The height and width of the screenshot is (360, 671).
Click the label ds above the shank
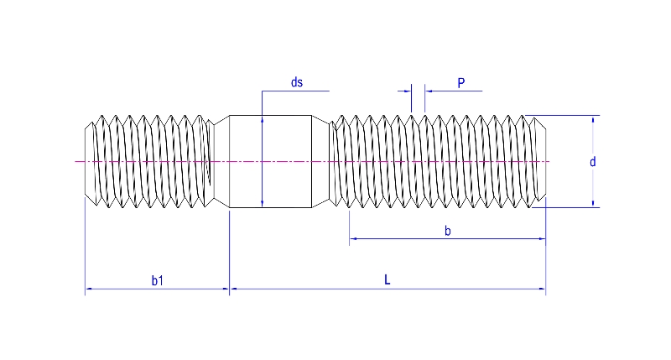[296, 82]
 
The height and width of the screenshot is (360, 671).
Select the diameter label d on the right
[592, 162]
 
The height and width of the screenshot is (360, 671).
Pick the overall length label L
[388, 280]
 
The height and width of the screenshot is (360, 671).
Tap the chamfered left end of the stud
[89, 161]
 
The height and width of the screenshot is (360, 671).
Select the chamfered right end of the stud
[540, 161]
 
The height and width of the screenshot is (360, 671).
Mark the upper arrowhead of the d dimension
[593, 120]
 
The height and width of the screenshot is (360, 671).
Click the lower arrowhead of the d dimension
[593, 202]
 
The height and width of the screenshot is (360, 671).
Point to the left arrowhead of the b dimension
[353, 239]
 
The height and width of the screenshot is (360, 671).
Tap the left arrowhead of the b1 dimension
[89, 290]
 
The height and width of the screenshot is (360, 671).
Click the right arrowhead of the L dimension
[542, 290]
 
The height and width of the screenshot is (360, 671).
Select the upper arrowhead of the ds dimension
[263, 119]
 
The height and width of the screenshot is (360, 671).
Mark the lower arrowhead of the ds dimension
[263, 203]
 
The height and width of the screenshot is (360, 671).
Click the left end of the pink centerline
[76, 161]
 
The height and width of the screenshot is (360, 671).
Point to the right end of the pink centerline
[549, 161]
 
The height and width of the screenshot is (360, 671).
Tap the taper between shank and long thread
[320, 161]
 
